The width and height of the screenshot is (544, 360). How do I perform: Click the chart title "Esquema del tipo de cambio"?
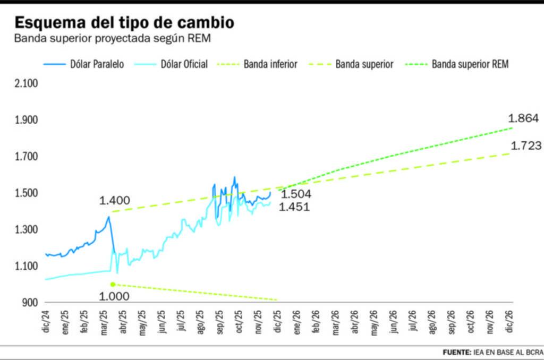coord(124,23)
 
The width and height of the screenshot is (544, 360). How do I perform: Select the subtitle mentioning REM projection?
coord(116,39)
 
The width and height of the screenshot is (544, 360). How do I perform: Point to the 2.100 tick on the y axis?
coord(26,83)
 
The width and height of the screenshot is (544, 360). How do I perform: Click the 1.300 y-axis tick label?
coord(26,230)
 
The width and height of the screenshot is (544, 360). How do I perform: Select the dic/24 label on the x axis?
coord(46,322)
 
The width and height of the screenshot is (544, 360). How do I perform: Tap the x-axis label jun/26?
coord(393,322)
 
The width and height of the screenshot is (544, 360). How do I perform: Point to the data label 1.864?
coord(524,118)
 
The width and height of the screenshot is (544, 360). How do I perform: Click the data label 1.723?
coord(526,145)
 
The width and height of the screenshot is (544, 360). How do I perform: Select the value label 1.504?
coord(295,194)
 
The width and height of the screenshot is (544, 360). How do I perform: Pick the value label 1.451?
coord(294,207)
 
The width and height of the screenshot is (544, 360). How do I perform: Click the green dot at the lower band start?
coord(113,285)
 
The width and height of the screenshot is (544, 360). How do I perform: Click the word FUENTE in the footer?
coord(456,352)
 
